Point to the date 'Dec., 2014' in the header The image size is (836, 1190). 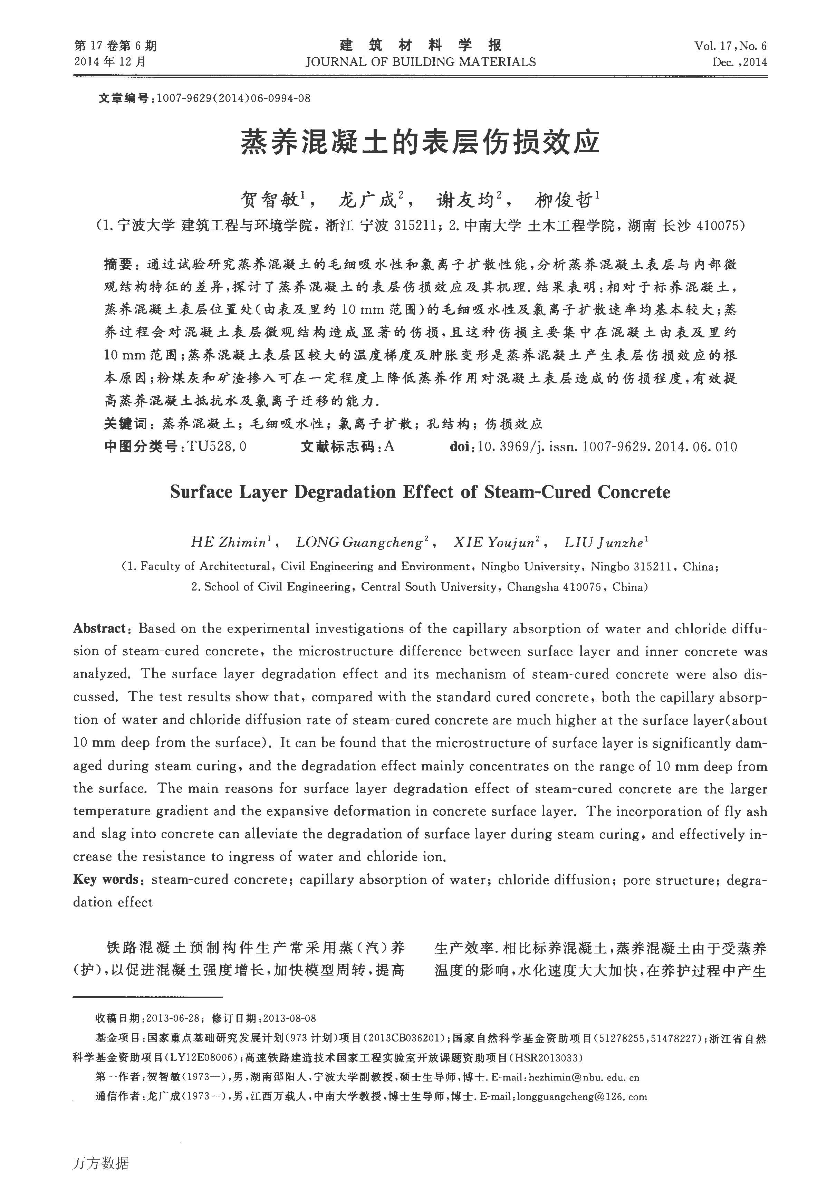pos(740,62)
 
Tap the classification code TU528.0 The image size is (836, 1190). pos(217,446)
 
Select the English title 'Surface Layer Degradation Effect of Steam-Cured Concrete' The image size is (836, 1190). pos(420,492)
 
